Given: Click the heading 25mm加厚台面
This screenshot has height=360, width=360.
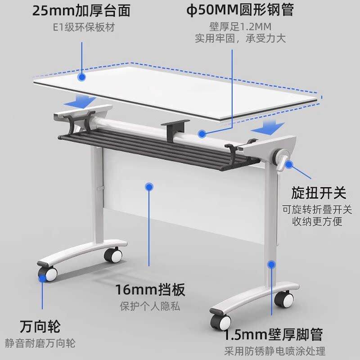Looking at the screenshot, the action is click(81, 10).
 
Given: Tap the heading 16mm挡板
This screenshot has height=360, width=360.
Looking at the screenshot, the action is click(150, 288).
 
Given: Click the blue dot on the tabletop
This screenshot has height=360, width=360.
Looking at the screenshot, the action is click(81, 76).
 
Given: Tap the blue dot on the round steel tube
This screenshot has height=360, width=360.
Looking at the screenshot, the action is click(203, 133).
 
